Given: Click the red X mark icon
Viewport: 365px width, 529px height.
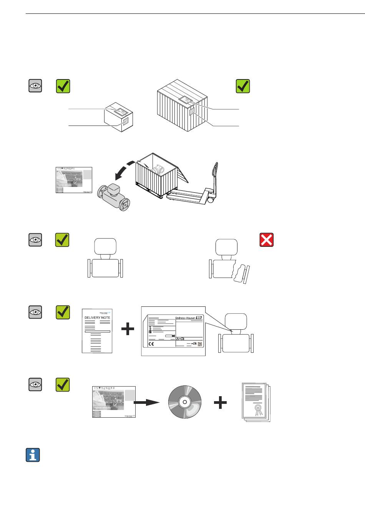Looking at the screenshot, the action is tap(267, 240).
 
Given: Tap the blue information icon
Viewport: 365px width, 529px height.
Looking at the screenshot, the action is tap(33, 455).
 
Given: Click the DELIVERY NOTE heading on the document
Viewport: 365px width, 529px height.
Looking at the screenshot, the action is tap(97, 318).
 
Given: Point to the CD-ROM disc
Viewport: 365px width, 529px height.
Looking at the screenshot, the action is tap(185, 402).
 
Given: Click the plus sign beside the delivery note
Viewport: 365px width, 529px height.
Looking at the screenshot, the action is tap(128, 329).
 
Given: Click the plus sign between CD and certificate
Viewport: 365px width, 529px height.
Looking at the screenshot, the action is tap(220, 403).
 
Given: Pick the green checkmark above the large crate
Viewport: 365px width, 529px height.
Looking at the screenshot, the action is tap(242, 86).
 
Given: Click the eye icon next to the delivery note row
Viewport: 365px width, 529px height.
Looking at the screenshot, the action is tap(35, 312).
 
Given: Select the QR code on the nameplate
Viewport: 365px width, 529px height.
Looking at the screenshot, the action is tap(200, 344).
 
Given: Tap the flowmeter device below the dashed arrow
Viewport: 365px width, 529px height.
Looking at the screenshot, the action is tap(114, 198).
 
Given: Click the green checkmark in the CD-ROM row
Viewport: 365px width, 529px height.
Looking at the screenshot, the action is tap(63, 385).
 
